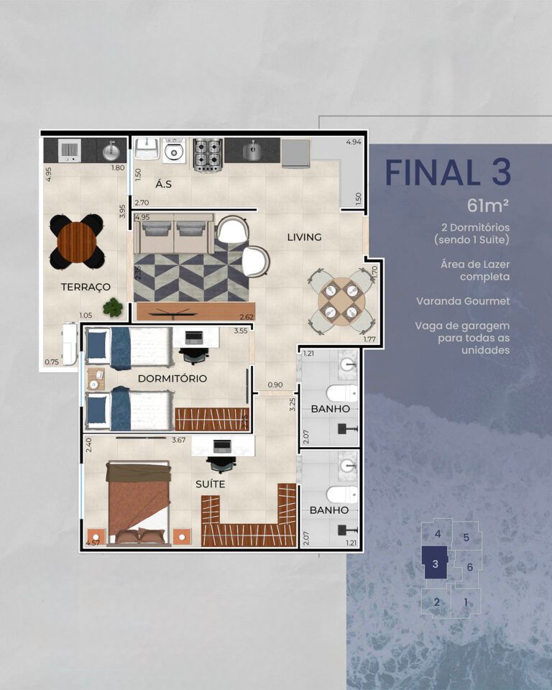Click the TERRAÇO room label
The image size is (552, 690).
tap(86, 287)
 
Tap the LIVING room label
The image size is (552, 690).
tap(304, 237)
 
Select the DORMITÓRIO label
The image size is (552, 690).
tap(172, 379)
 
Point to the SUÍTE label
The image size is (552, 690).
tap(210, 484)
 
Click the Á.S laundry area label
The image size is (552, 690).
tap(163, 184)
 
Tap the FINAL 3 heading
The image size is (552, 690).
tap(448, 172)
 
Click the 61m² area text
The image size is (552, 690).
tap(488, 206)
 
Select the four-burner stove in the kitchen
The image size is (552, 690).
tap(208, 155)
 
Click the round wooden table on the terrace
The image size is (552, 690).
tap(77, 241)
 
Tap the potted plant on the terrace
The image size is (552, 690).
tap(113, 307)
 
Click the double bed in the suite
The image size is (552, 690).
tap(139, 503)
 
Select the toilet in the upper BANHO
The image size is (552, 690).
tap(343, 392)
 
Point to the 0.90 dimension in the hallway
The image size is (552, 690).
tap(275, 385)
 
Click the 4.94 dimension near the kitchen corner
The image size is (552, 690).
tap(354, 142)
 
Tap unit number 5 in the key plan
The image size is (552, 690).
tap(466, 538)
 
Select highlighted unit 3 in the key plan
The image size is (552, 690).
tap(435, 563)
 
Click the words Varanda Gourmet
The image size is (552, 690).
tap(463, 301)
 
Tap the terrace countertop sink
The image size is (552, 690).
tap(111, 152)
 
